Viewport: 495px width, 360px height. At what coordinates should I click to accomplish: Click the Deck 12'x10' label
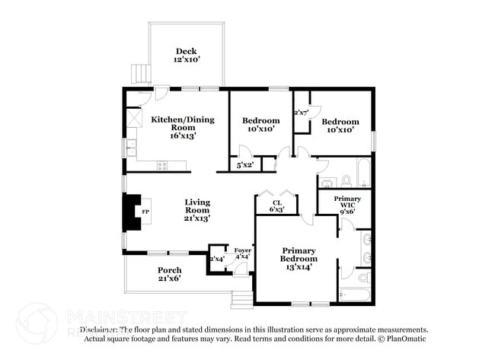point(186,56)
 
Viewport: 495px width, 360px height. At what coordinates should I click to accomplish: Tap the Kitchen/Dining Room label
point(183,127)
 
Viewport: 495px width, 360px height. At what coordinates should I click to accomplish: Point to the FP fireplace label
point(146,211)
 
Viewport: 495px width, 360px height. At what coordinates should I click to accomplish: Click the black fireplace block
point(131,211)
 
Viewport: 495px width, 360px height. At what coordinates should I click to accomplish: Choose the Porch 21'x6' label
point(169,275)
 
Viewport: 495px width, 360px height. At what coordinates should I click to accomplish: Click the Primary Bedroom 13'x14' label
point(299,258)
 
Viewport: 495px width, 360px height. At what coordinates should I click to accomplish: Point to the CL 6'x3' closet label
point(278,205)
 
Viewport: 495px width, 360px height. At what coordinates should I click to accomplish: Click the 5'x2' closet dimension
point(244,164)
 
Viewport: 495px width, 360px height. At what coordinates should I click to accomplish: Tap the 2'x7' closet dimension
point(300,113)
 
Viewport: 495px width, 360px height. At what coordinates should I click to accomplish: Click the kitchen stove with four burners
point(162,164)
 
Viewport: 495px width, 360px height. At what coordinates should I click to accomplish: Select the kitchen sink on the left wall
point(132,144)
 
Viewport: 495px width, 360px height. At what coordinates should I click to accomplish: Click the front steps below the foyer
point(242,296)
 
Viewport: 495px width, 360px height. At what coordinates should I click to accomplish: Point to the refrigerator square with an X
point(135,118)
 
